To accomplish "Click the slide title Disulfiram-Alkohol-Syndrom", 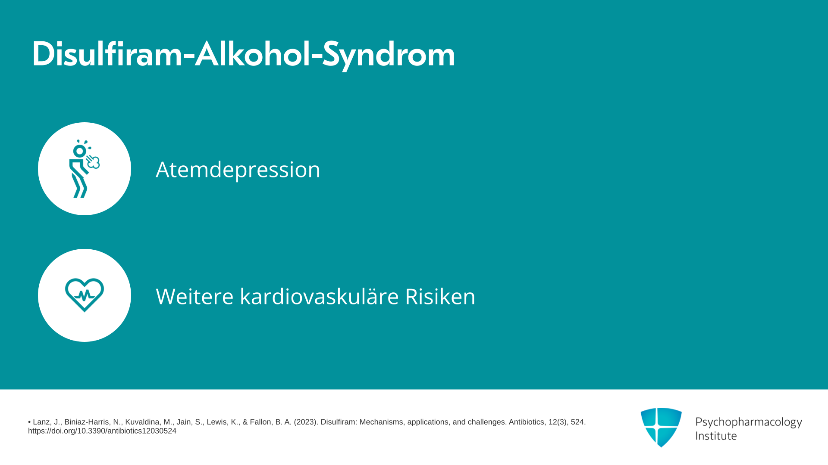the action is pos(244,55).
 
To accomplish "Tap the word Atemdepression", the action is pos(238,169).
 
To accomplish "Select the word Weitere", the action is pos(194,296).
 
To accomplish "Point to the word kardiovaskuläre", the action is pos(319,296).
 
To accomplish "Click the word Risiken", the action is pos(440,296).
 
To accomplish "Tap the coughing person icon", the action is pos(84,169).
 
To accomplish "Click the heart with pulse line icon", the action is pos(85,295).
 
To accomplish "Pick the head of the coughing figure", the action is pos(79,151).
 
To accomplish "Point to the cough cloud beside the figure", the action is pos(93,162).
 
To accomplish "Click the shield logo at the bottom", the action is pos(661,427).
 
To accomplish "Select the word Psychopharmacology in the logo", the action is pos(749,422).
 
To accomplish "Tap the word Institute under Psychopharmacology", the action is pos(716,436).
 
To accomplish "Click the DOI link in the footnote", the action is pos(102,431).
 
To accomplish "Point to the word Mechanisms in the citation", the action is pos(382,422).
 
